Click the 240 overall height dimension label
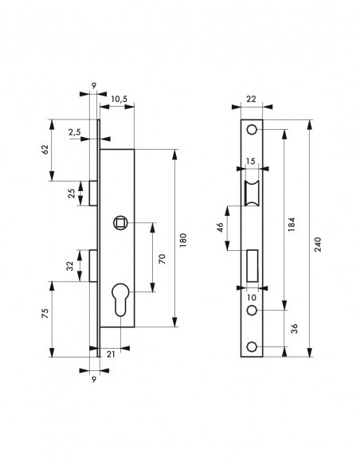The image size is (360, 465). (318, 244)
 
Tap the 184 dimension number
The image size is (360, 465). (292, 225)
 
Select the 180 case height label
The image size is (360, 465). (183, 240)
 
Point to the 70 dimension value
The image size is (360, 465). (162, 259)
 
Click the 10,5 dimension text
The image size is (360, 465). (119, 99)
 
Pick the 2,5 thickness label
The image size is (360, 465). (74, 132)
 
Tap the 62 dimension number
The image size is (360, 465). (45, 150)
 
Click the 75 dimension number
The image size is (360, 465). (45, 314)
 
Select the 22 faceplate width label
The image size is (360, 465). (251, 99)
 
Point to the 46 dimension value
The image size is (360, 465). (220, 228)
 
